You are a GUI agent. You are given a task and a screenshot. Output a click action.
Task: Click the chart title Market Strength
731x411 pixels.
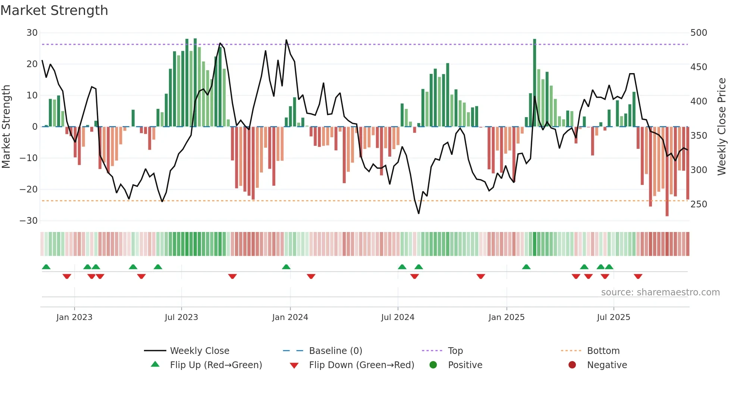[54, 10]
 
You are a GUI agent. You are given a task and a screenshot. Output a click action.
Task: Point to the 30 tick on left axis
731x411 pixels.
[32, 33]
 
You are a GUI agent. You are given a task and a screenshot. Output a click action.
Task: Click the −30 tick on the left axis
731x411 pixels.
[29, 221]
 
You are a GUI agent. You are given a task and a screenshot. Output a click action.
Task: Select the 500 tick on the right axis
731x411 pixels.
[699, 33]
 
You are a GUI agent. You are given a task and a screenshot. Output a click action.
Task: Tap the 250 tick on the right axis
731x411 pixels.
[699, 204]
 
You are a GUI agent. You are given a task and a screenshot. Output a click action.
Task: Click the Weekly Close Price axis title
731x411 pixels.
[722, 127]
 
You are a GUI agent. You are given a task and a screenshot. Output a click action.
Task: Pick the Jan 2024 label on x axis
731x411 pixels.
[290, 317]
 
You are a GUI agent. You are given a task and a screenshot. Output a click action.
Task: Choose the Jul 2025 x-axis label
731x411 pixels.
[614, 317]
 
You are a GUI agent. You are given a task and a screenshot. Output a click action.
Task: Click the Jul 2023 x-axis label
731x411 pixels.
[181, 317]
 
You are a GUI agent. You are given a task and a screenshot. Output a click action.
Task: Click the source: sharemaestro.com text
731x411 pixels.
[660, 292]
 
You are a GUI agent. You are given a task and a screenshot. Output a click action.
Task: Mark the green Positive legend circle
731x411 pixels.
[433, 365]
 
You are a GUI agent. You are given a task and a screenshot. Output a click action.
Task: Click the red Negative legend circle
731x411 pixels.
[572, 365]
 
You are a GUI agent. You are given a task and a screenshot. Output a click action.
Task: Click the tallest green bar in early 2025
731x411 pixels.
[534, 82]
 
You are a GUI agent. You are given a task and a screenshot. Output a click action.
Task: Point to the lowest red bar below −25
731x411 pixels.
[667, 172]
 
